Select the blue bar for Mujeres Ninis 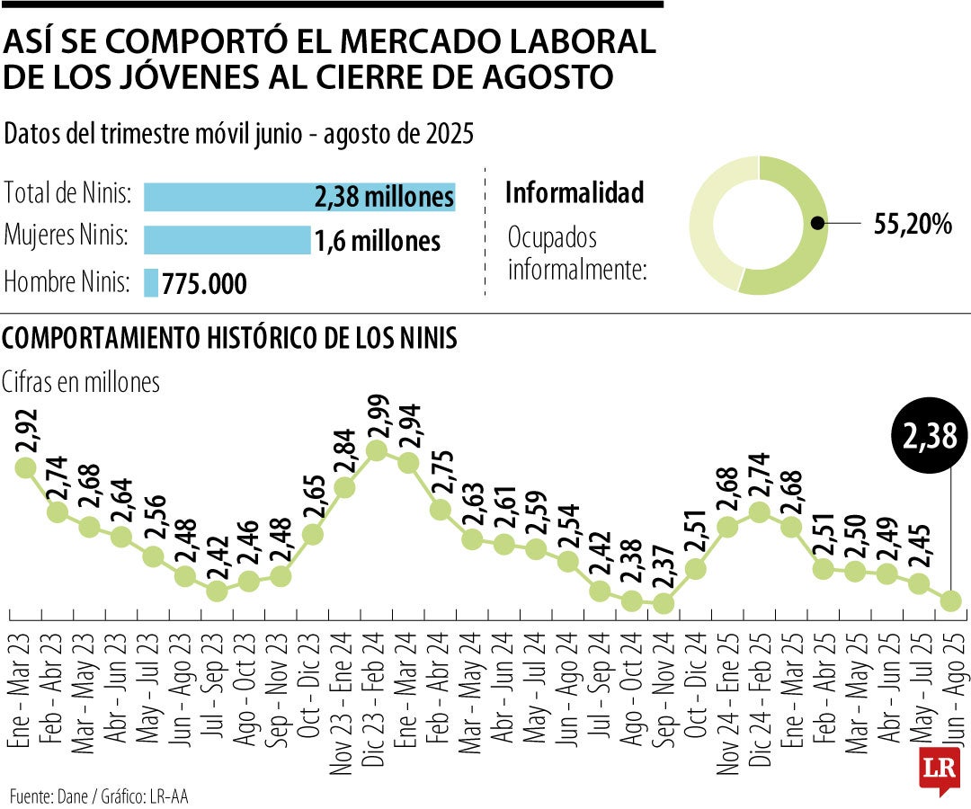coord(227,240)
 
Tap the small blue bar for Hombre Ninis coord(151,283)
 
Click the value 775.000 coord(205,284)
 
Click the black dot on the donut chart coord(816,224)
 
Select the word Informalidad coord(575,192)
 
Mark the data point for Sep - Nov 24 coord(664,603)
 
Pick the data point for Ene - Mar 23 coord(25,467)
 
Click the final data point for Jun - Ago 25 coord(951,600)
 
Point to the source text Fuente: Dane coord(47,796)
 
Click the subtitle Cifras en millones coord(82,381)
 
